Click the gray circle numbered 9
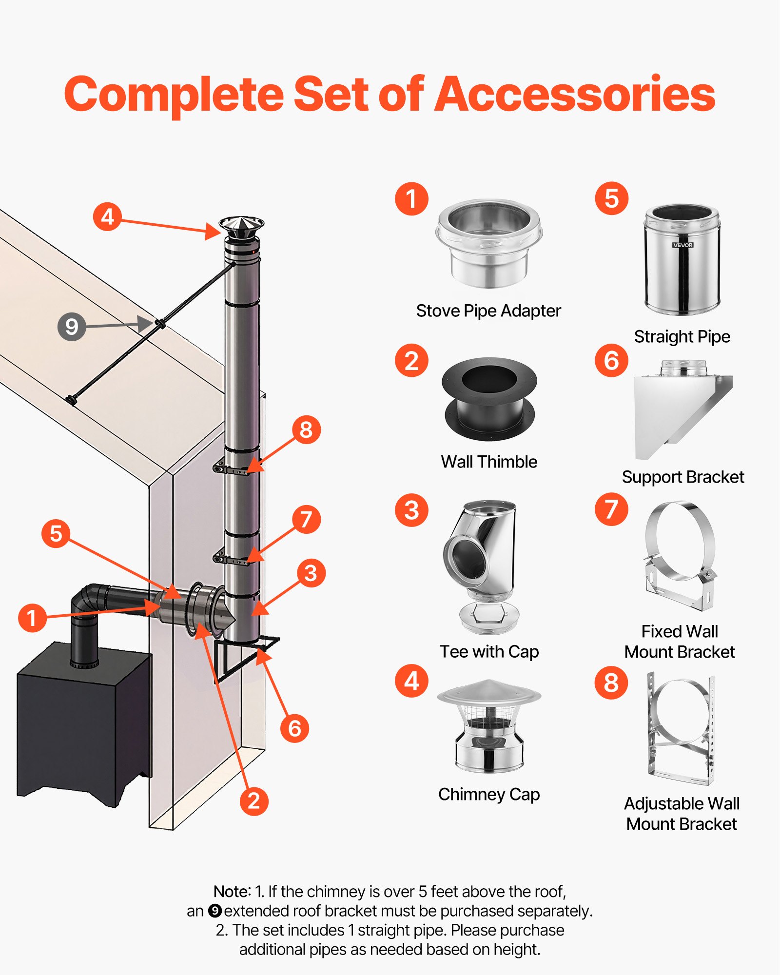click(72, 327)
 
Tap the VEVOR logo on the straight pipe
click(682, 245)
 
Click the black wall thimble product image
click(489, 399)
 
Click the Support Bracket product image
click(682, 409)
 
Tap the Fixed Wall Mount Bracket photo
click(680, 556)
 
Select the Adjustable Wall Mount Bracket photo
click(681, 729)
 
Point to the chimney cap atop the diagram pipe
click(241, 227)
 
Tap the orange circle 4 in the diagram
click(107, 216)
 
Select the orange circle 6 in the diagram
click(294, 728)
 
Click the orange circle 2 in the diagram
click(254, 801)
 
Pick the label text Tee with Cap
click(489, 651)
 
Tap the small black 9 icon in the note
click(215, 911)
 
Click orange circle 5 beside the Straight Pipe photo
click(611, 198)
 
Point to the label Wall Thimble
click(489, 462)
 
